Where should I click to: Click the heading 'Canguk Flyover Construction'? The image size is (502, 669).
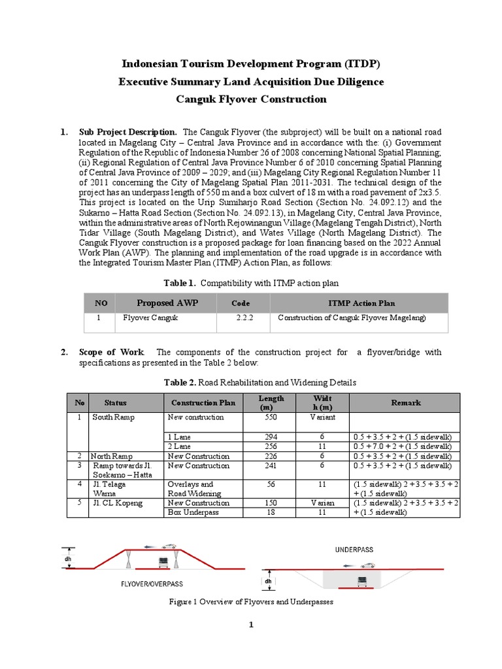252,99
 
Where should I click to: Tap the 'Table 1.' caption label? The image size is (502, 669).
180,283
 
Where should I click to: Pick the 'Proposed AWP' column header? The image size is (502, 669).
167,303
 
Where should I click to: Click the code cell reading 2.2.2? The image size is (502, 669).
245,318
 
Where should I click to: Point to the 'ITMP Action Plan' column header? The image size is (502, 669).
361,303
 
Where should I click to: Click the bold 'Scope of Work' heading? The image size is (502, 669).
112,352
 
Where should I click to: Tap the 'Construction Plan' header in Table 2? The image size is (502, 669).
200,402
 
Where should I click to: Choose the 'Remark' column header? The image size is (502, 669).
406,402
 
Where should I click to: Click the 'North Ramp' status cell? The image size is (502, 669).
114,456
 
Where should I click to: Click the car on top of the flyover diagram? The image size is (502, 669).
171,546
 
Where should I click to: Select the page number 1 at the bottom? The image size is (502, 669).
250,625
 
